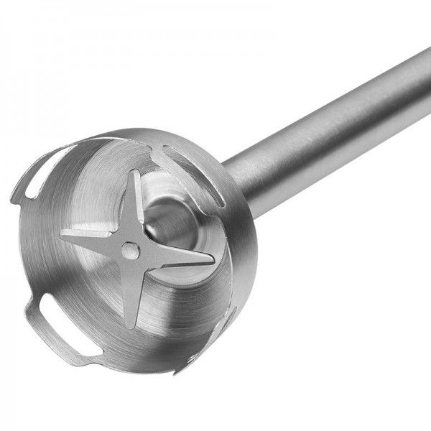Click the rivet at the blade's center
pyautogui.click(x=129, y=249)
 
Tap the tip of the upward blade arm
pyautogui.click(x=136, y=172)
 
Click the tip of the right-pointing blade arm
pyautogui.click(x=213, y=263)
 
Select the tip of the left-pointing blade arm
pyautogui.click(x=62, y=233)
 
